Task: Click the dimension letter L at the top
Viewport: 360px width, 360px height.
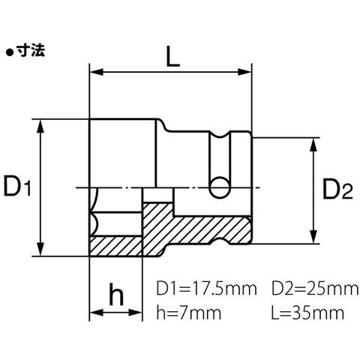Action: [x=173, y=56]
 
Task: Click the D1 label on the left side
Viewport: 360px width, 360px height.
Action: [x=17, y=185]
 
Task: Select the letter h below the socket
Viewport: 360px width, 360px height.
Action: [x=116, y=294]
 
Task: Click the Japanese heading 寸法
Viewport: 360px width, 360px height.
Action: [x=31, y=51]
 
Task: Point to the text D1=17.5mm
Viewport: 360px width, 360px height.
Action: [x=206, y=289]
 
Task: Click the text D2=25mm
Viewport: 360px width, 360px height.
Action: [x=315, y=289]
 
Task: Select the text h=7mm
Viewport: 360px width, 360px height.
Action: [x=189, y=313]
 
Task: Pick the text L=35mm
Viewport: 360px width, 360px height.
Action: [x=307, y=313]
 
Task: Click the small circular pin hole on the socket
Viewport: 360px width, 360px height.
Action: [x=220, y=187]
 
